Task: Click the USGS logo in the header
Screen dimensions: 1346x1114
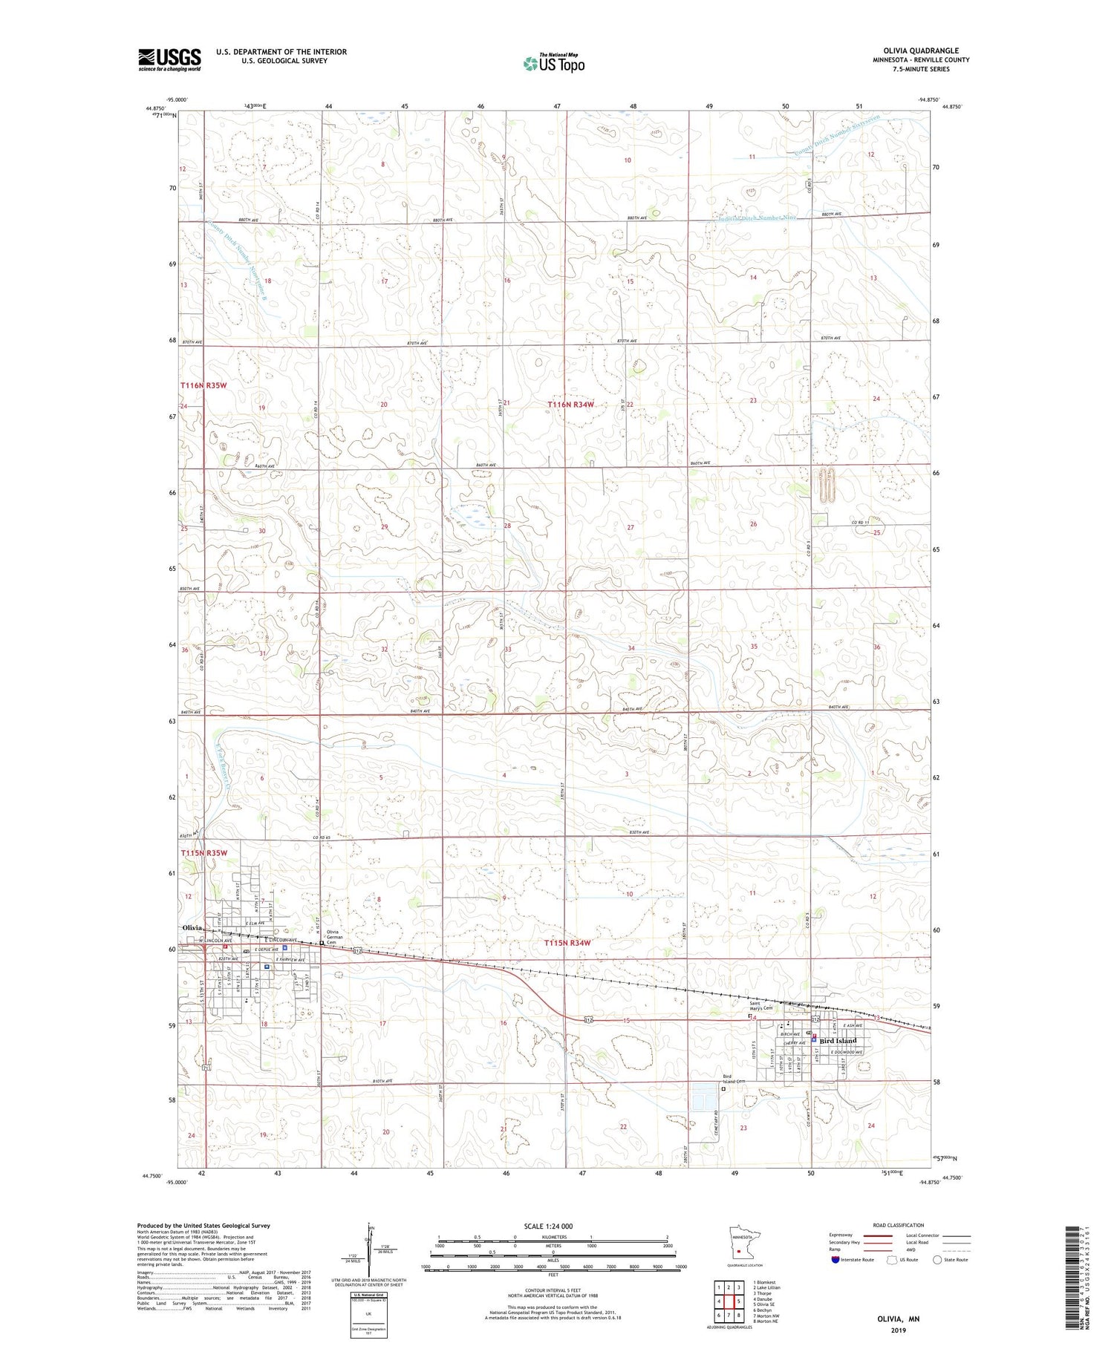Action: [169, 59]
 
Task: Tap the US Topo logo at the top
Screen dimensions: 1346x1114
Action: [553, 64]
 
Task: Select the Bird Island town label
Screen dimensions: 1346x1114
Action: [838, 1040]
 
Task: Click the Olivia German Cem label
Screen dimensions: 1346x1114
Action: [338, 937]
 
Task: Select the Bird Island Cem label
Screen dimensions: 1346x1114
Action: [734, 1078]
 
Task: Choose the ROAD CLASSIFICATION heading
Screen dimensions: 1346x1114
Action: [899, 1225]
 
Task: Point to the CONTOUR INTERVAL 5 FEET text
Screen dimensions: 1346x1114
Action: [552, 1291]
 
